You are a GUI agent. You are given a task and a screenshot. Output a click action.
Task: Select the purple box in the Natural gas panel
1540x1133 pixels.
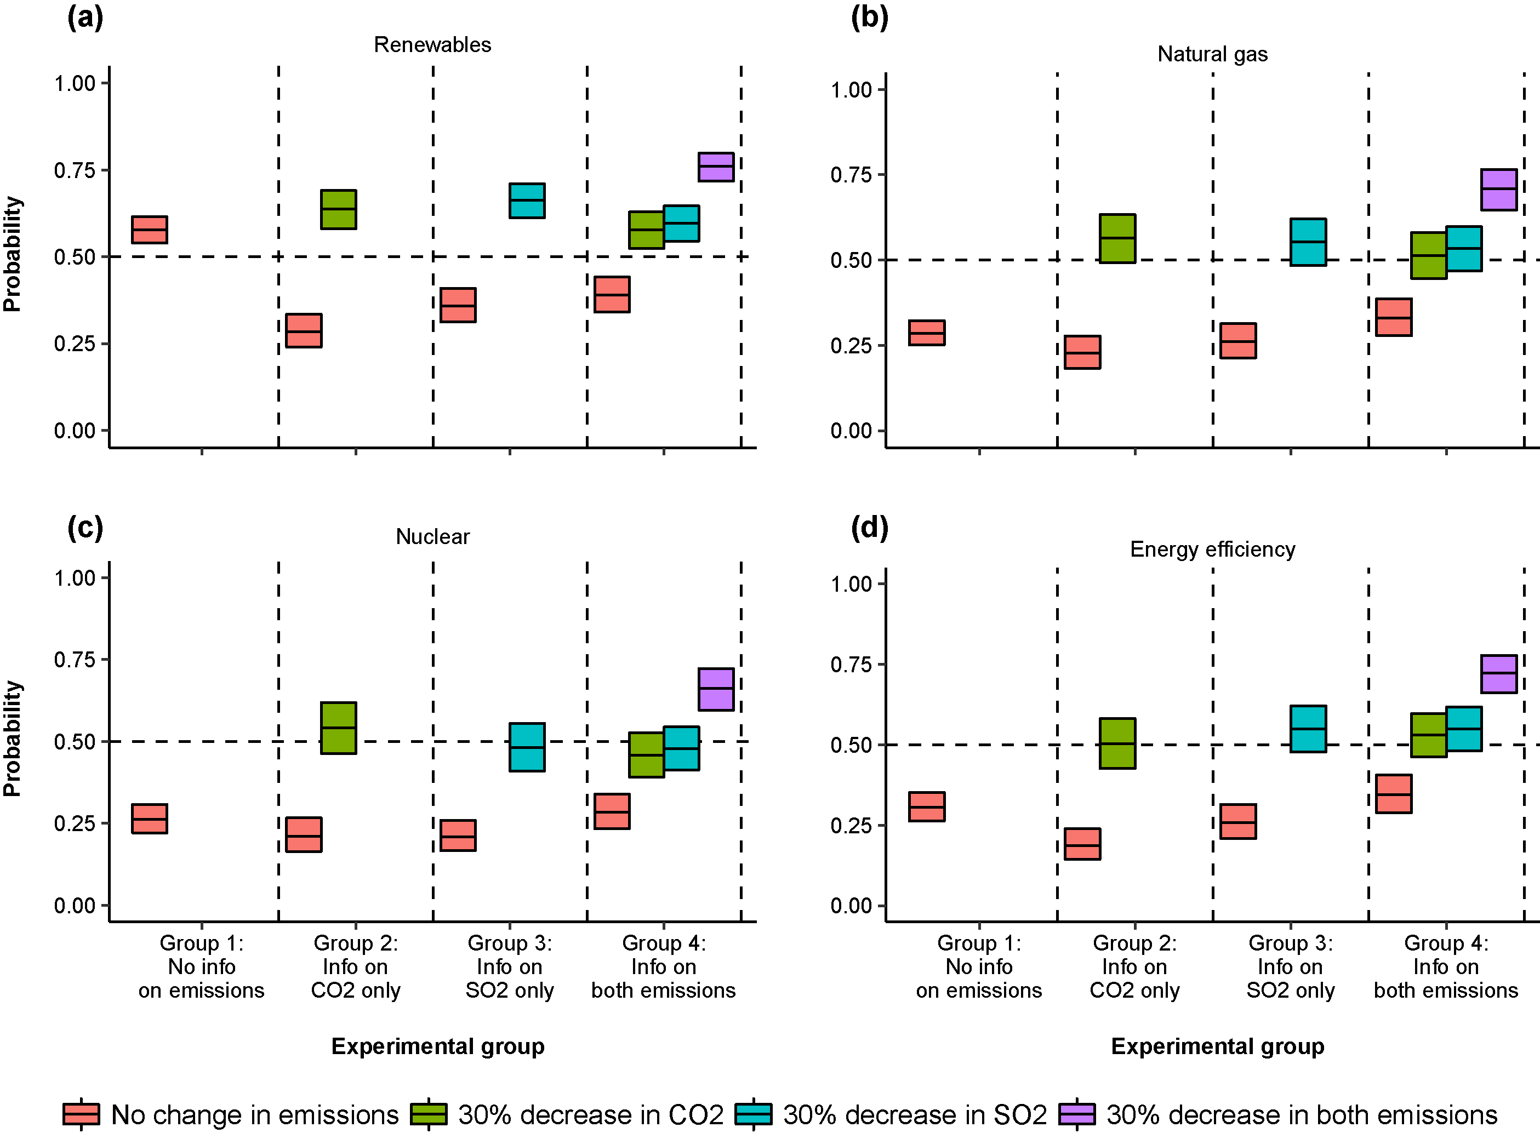(1498, 190)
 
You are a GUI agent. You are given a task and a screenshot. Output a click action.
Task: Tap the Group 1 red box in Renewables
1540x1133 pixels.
(150, 230)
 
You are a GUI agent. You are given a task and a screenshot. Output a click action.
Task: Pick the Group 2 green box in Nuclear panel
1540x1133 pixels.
(338, 728)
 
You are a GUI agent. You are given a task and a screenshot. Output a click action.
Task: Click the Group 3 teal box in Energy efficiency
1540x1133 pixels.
(1308, 728)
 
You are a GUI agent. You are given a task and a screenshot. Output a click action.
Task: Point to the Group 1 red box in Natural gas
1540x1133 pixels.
(926, 333)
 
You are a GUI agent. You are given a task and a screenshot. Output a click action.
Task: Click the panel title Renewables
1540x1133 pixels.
(432, 44)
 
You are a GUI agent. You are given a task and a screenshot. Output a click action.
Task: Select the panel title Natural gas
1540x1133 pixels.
(1212, 54)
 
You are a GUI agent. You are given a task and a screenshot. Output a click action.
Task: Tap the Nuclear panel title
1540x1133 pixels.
(432, 536)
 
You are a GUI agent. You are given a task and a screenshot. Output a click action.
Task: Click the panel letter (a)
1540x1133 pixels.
(85, 17)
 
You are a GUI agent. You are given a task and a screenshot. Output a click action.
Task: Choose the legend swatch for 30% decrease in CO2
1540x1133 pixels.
(428, 1114)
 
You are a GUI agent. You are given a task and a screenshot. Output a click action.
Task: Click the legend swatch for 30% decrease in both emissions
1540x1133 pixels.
(1077, 1114)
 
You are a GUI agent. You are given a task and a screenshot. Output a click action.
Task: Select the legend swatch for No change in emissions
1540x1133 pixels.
(81, 1114)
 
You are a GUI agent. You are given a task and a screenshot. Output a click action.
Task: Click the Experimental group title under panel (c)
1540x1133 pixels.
(438, 1046)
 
